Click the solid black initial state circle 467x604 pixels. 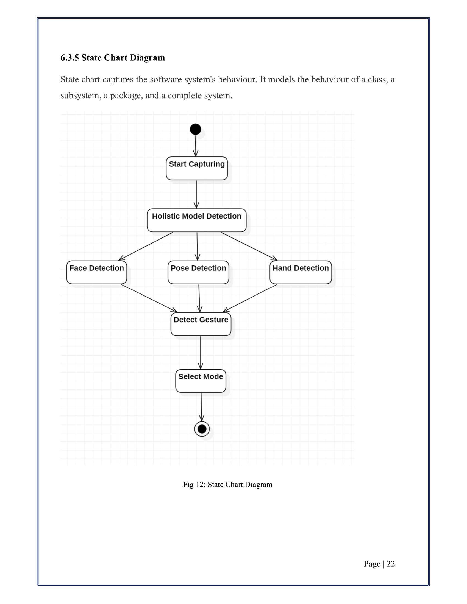tap(195, 129)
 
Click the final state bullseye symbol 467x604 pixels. tap(202, 429)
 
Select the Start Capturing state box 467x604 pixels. tap(197, 168)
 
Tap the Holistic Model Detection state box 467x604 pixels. tap(197, 220)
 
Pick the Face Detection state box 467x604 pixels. tap(96, 272)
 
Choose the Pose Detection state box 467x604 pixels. tap(198, 272)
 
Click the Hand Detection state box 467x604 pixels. tap(301, 272)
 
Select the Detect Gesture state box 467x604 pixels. tap(201, 324)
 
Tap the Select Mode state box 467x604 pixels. tap(201, 381)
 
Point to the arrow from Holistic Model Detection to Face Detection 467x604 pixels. tap(146, 247)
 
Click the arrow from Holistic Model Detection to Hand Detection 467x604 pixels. tap(249, 247)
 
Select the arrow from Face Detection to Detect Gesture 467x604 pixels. tap(149, 298)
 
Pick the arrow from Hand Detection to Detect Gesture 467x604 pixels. tap(250, 298)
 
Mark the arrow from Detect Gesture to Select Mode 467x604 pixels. tap(201, 353)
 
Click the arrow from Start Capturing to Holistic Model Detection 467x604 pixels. tap(196, 194)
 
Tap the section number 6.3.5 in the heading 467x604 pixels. tap(70, 58)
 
